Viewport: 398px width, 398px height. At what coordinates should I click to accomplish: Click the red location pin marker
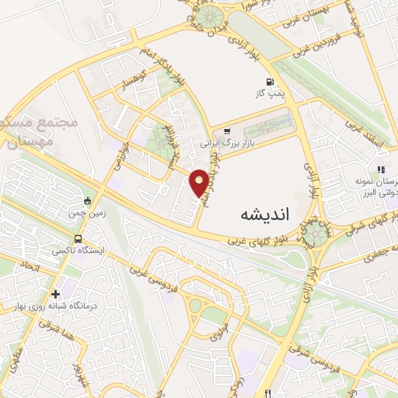(x=200, y=183)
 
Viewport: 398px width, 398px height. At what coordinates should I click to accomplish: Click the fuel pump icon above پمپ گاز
(x=270, y=81)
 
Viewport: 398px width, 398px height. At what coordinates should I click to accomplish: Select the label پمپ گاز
(x=270, y=93)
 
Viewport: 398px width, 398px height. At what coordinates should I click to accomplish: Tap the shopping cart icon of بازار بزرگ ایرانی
(x=227, y=131)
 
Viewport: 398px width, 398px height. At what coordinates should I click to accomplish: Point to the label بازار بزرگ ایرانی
(x=228, y=144)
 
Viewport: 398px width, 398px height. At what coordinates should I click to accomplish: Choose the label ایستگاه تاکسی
(x=77, y=251)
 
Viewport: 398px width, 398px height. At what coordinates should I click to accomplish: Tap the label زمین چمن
(x=87, y=212)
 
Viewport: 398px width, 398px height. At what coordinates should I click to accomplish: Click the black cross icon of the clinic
(x=54, y=295)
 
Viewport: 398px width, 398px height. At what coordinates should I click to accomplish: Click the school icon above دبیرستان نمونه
(x=380, y=169)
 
